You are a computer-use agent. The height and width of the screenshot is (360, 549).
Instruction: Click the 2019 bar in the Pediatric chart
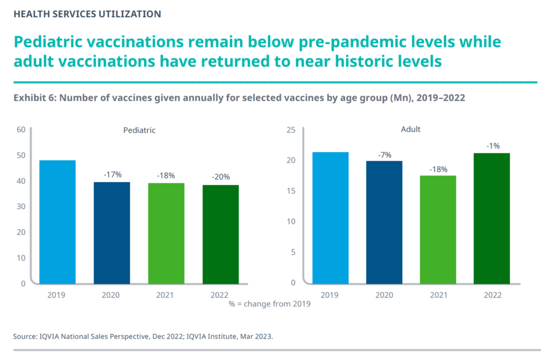[57, 222]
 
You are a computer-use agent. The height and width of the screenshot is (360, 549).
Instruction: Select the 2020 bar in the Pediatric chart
[112, 232]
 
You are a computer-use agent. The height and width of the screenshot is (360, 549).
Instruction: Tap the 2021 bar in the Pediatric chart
[166, 233]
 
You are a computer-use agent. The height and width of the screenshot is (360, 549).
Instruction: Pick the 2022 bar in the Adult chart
[492, 218]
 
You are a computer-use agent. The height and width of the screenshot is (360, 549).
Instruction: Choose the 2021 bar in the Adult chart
[439, 229]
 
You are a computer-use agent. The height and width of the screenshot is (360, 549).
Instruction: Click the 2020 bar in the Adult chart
[384, 222]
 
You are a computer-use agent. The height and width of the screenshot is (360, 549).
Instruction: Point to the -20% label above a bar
[221, 177]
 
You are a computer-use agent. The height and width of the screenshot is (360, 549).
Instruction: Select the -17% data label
[112, 174]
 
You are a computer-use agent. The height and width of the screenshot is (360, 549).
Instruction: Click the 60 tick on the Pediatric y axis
[21, 130]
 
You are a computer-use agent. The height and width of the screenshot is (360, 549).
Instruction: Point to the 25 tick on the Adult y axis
[291, 130]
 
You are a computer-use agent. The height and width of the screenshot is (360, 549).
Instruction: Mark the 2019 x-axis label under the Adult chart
[330, 295]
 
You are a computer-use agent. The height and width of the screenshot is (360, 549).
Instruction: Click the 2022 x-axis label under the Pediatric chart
[220, 295]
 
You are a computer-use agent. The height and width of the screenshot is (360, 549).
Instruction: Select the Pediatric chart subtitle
[139, 130]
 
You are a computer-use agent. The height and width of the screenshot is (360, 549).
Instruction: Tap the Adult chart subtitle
[411, 130]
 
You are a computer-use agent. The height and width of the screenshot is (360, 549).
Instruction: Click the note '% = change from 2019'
[270, 304]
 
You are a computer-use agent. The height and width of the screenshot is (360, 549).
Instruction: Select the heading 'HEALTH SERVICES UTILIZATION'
[87, 14]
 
